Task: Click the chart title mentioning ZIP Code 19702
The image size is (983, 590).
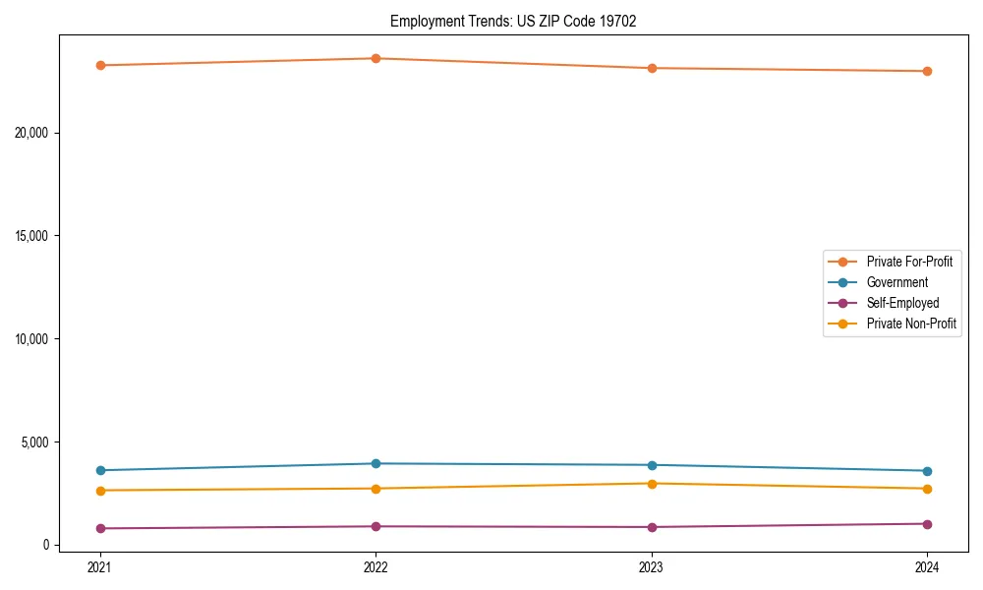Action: (513, 22)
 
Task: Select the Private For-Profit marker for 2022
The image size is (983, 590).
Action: (376, 58)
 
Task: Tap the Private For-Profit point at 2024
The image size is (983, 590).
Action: (927, 71)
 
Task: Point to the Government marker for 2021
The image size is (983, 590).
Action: (99, 470)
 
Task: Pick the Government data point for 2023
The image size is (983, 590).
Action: (652, 465)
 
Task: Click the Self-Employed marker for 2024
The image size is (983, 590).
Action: (927, 524)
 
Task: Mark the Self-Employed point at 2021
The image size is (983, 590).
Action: (99, 528)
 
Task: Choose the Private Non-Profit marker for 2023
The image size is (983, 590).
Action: (652, 483)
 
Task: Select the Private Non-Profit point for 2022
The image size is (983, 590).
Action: (376, 489)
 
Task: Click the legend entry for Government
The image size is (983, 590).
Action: (896, 282)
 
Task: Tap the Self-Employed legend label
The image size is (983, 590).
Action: (902, 303)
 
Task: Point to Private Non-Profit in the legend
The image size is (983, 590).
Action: (911, 324)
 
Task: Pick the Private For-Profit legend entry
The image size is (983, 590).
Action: (909, 262)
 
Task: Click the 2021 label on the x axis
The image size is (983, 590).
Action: (99, 566)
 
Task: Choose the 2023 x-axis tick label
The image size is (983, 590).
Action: (652, 566)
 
